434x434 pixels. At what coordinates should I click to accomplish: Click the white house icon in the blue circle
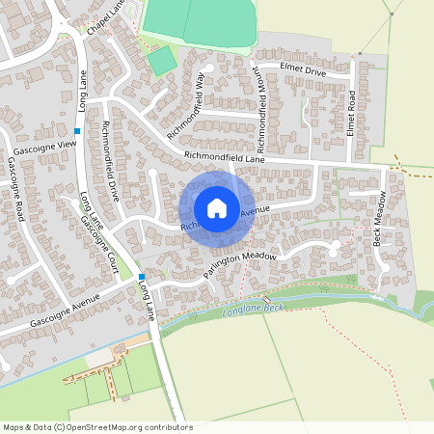[x=217, y=207]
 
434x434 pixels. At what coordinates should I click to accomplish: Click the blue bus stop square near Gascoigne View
[x=77, y=131]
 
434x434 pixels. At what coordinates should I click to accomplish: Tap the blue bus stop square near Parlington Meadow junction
[x=141, y=277]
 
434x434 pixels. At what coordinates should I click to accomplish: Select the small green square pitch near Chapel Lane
[x=162, y=60]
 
